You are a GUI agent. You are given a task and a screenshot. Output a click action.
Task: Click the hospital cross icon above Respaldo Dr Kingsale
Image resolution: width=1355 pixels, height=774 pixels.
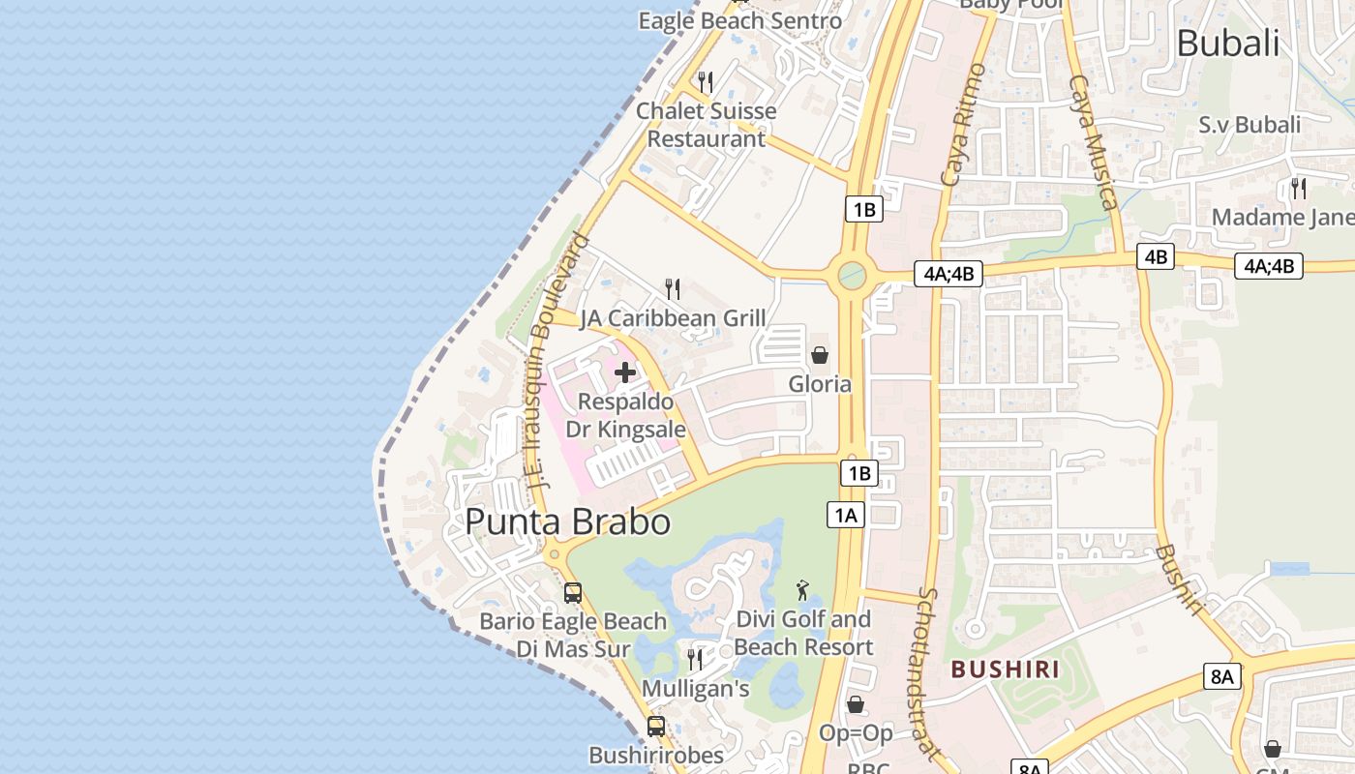[x=625, y=372]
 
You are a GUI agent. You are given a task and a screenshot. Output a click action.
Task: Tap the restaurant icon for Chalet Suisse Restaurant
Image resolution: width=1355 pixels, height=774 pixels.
[x=706, y=82]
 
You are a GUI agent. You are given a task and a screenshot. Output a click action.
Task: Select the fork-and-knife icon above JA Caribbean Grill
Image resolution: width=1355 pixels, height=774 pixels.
[x=673, y=288]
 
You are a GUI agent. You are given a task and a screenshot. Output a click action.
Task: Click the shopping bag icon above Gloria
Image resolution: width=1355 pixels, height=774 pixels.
[x=820, y=355]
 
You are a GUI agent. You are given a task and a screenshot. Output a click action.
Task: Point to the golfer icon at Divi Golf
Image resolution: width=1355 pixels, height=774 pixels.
[x=802, y=589]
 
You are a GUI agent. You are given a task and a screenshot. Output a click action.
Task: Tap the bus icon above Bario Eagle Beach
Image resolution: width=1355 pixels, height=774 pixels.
[x=573, y=592]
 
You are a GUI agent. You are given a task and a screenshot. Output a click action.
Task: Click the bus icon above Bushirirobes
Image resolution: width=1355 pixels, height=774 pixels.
[x=656, y=726]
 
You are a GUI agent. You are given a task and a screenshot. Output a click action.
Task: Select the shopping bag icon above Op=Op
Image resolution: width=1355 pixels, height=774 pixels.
[x=856, y=704]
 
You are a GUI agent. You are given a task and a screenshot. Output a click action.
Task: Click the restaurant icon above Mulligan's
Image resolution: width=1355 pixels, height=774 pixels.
[x=695, y=660]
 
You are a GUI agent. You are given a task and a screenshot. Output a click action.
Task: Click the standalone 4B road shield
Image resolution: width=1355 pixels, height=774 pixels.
[x=1156, y=256]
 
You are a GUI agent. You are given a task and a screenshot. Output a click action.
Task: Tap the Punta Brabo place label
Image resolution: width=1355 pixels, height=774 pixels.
[x=568, y=521]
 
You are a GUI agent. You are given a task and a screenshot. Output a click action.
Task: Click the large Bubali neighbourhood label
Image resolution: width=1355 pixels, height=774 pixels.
[x=1228, y=43]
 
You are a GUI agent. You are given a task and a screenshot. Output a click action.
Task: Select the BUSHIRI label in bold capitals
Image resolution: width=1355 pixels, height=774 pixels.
[x=1005, y=669]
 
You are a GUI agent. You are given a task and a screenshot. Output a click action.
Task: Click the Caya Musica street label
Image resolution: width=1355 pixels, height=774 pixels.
[x=1094, y=142]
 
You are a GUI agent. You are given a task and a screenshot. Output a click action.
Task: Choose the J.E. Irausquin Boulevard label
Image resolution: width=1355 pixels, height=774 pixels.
[x=559, y=358]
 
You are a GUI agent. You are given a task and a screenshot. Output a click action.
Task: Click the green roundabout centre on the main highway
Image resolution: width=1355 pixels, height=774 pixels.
[x=852, y=276]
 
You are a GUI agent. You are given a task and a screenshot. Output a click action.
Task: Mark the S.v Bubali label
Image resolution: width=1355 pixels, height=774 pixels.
[x=1250, y=125]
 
